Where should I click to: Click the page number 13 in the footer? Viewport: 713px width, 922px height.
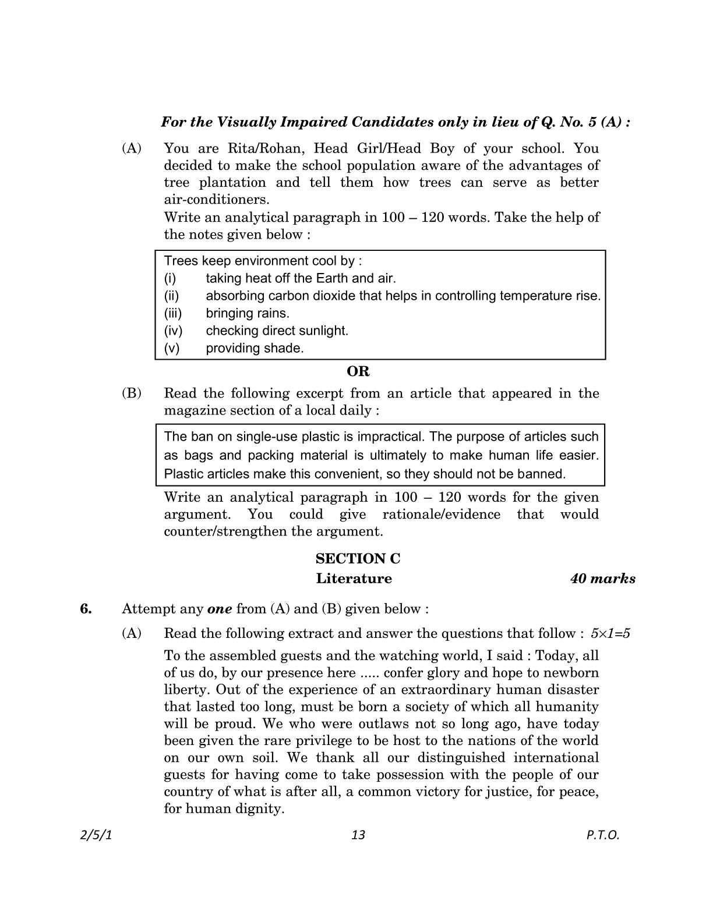pyautogui.click(x=358, y=835)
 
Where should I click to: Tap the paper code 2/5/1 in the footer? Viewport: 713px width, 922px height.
pyautogui.click(x=95, y=835)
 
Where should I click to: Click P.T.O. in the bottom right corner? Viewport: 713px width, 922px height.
pyautogui.click(x=602, y=835)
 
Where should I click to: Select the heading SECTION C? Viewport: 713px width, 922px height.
pyautogui.click(x=358, y=559)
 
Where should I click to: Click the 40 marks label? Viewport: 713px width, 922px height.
pyautogui.click(x=602, y=579)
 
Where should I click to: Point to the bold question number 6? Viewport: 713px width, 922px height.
pyautogui.click(x=86, y=609)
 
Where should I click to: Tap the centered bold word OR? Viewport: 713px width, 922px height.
pyautogui.click(x=358, y=371)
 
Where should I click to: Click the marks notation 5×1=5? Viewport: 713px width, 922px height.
pyautogui.click(x=610, y=633)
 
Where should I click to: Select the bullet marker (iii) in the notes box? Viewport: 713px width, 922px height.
pyautogui.click(x=173, y=313)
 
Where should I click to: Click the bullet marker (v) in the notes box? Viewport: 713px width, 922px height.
pyautogui.click(x=172, y=348)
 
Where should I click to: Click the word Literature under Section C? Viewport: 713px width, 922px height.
pyautogui.click(x=354, y=579)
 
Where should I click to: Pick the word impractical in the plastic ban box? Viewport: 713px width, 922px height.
pyautogui.click(x=389, y=437)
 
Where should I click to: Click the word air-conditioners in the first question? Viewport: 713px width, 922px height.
pyautogui.click(x=217, y=200)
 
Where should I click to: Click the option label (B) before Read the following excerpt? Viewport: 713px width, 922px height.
pyautogui.click(x=131, y=393)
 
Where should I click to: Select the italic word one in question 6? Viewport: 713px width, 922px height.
pyautogui.click(x=220, y=609)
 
